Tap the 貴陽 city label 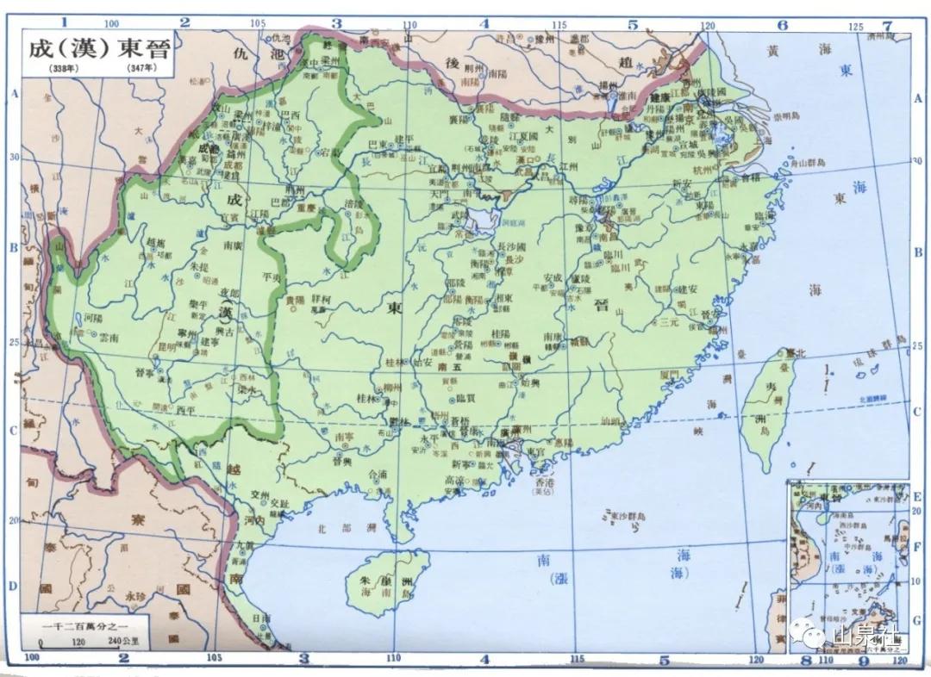point(294,301)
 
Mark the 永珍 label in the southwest point(135,594)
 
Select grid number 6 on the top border point(782,25)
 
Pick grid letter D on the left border point(13,587)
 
